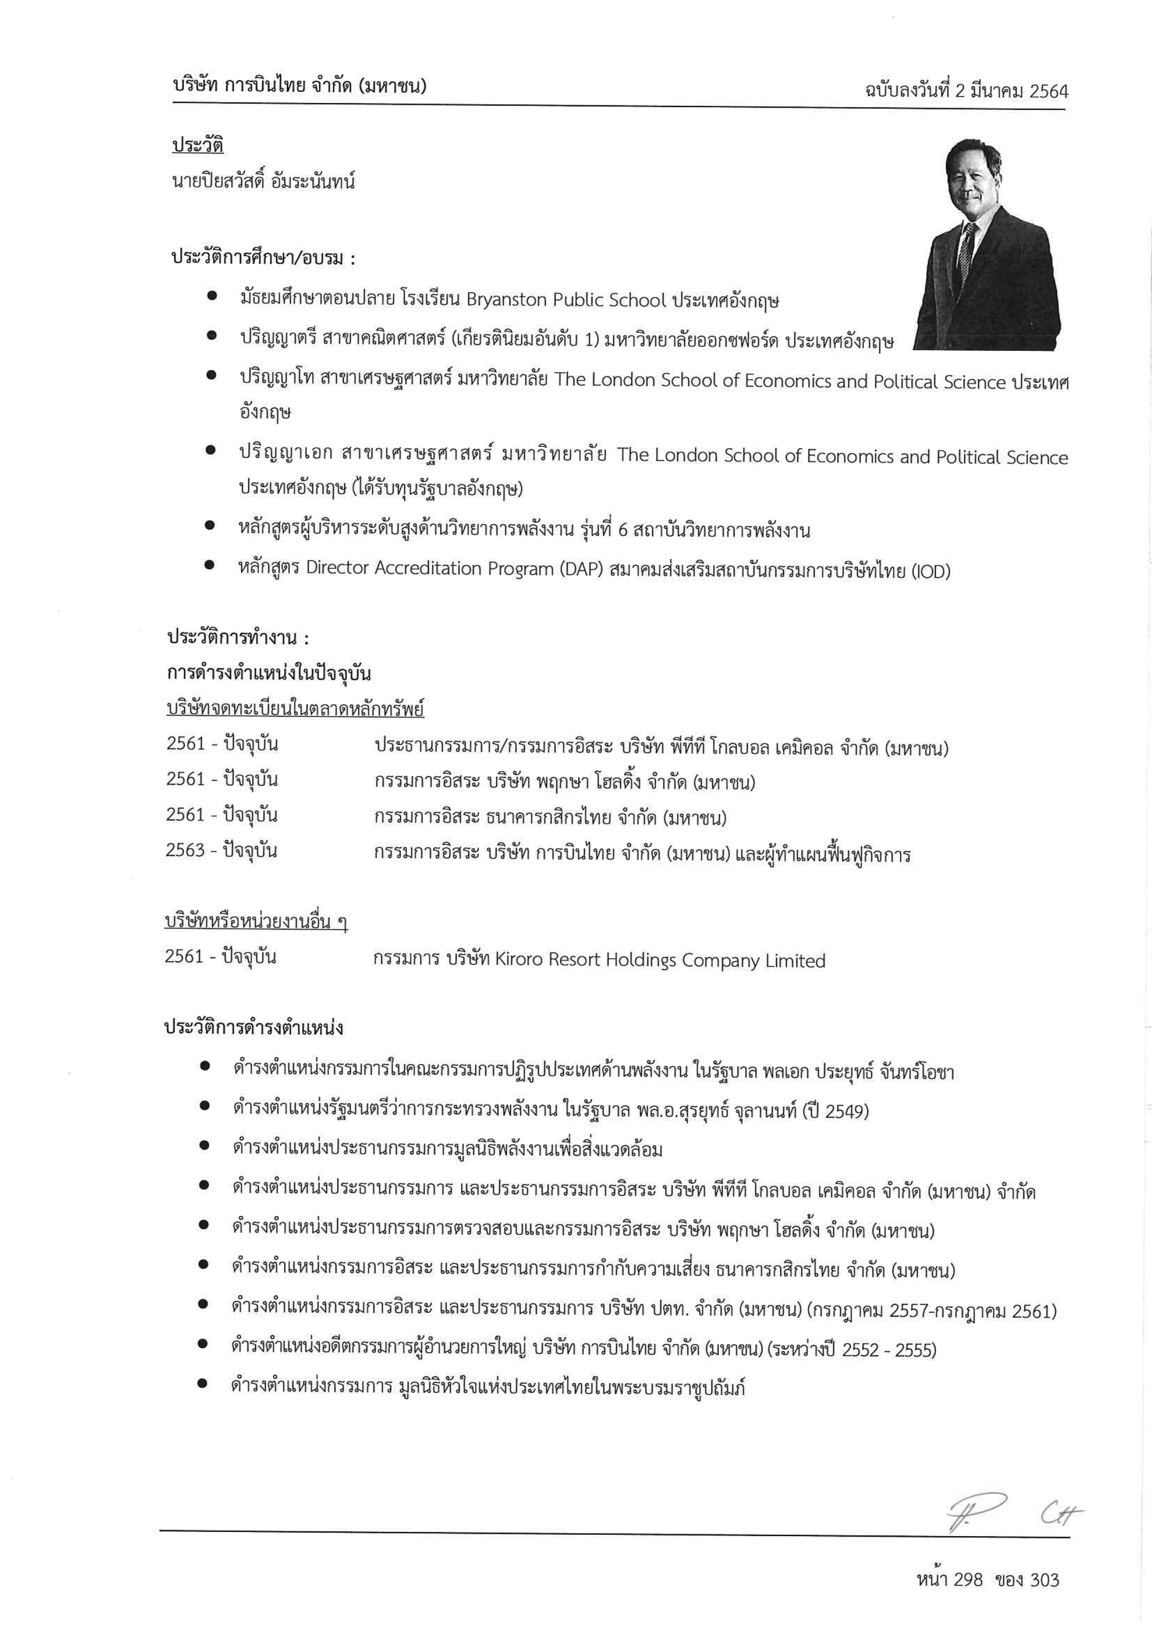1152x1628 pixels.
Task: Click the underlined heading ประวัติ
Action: [x=198, y=145]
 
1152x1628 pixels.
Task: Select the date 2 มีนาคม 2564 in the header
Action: [x=1011, y=91]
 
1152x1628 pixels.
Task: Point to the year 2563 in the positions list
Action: [x=185, y=850]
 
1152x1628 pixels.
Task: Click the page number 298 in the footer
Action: [x=968, y=1579]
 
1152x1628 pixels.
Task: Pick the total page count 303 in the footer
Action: [x=1044, y=1579]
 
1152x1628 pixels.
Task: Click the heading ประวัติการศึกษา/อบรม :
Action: [x=262, y=258]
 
